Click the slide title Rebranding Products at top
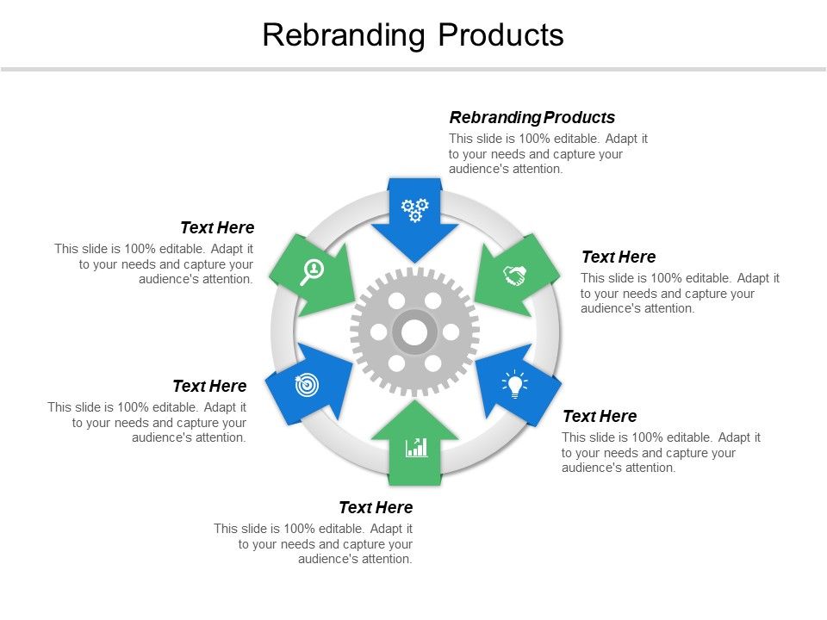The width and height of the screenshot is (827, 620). coord(413,35)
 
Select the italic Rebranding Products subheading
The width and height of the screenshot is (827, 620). coord(532,118)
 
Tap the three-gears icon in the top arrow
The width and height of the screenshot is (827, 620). coord(415,209)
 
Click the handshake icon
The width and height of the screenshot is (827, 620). coord(515,276)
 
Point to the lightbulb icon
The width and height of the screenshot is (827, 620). coord(515,384)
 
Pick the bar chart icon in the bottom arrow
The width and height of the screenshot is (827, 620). coord(416,447)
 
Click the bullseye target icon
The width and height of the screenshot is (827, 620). coord(306,385)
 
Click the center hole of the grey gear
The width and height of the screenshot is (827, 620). coord(415,332)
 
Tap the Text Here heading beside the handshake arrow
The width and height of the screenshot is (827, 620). coord(619,257)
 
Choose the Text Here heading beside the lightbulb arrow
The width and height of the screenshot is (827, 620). coord(600,417)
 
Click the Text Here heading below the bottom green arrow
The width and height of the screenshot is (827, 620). coord(376,508)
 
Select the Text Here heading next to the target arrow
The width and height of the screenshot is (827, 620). coord(209,387)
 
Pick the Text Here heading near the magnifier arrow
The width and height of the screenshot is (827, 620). coord(217,228)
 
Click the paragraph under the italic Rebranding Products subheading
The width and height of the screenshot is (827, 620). coord(548,154)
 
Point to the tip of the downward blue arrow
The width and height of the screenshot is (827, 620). coord(415,261)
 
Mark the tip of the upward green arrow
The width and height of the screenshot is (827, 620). coord(415,401)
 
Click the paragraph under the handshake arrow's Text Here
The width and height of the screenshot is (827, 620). coord(680,294)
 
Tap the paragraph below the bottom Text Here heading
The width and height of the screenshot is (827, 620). coord(314,544)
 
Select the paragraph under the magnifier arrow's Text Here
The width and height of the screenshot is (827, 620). coord(154,264)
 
